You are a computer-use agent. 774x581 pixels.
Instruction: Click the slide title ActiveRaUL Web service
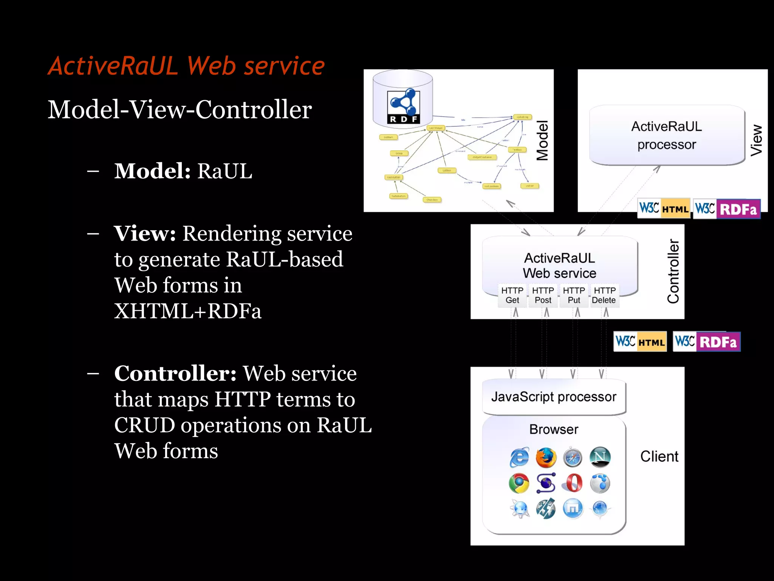pos(186,66)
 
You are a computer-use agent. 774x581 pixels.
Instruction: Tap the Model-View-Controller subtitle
pos(180,110)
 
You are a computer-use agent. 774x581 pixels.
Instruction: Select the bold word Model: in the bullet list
pos(152,171)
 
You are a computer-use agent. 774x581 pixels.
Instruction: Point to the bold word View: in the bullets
pos(145,233)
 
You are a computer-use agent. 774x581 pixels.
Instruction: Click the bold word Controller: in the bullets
pos(175,374)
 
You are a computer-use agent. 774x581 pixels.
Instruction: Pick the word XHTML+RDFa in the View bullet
pos(188,311)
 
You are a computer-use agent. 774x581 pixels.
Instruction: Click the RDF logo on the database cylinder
pos(404,107)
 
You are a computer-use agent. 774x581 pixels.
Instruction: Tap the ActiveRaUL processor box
pos(667,135)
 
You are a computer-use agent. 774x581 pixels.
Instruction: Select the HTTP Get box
pos(512,295)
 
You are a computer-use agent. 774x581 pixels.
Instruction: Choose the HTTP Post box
pos(543,295)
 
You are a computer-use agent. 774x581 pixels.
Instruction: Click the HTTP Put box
pos(574,295)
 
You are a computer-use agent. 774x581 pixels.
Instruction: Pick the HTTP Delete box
pos(604,295)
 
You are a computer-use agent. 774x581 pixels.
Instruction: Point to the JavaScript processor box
pos(554,397)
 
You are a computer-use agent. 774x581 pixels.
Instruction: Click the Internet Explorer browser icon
pos(519,457)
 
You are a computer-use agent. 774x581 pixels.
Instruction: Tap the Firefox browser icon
pos(546,457)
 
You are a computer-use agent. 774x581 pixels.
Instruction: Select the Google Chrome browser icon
pos(519,483)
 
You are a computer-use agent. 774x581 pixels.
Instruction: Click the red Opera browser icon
pos(573,483)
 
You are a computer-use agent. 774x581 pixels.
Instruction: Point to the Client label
pos(659,457)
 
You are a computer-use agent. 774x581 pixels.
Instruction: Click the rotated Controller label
pos(673,271)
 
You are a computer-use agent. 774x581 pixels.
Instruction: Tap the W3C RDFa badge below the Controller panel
pos(706,342)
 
